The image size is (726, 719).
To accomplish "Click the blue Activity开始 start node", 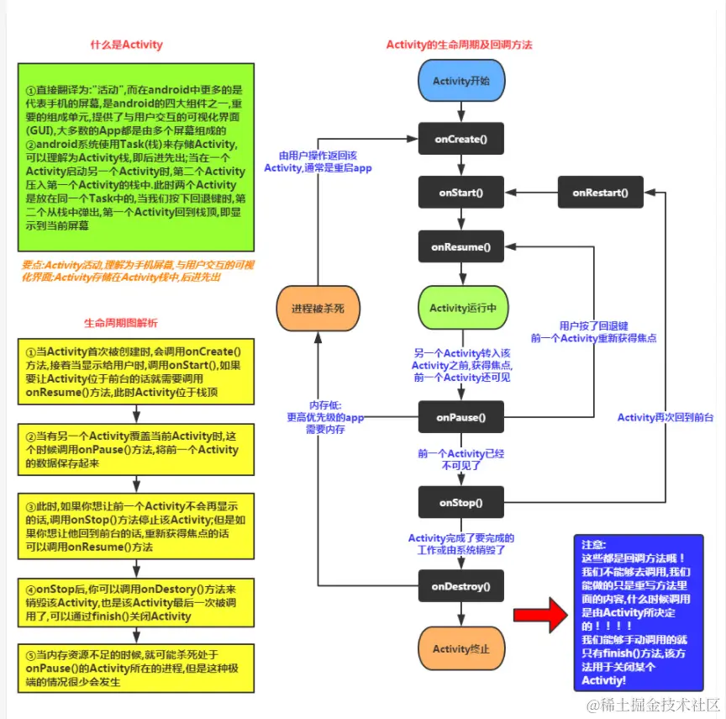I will [x=461, y=81].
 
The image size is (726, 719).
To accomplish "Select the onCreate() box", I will [x=461, y=137].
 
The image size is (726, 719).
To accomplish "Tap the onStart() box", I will [x=461, y=193].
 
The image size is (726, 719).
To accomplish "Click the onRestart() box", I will [x=600, y=193].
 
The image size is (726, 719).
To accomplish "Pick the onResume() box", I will [x=461, y=247].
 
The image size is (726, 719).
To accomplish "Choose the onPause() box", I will [x=461, y=416].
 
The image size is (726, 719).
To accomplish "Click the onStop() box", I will [x=461, y=503].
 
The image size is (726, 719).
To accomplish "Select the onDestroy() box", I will [x=461, y=585].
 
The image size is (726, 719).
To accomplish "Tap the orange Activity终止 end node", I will [x=461, y=648].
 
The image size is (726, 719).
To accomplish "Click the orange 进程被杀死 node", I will [x=318, y=308].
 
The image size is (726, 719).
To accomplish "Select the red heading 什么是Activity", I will [x=126, y=45].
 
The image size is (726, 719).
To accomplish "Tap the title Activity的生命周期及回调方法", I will [x=459, y=44].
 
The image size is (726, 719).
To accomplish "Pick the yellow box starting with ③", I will [x=135, y=523].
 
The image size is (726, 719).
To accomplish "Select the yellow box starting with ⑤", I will [x=135, y=666].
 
